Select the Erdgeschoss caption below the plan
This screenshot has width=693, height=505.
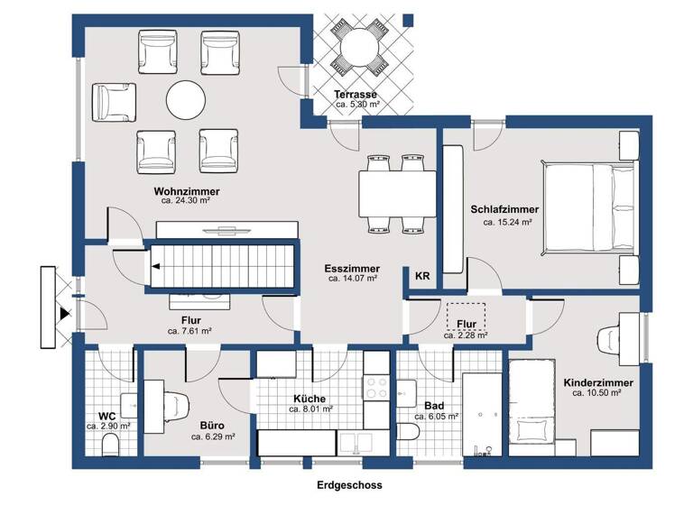tap(349, 485)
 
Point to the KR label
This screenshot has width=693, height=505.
tap(421, 276)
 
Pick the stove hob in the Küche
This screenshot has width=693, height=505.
tap(374, 387)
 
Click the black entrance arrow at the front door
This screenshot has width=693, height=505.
tap(63, 313)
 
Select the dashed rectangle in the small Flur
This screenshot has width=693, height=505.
tap(466, 316)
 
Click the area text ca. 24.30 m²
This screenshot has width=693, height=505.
tap(186, 202)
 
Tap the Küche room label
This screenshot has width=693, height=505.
tap(309, 398)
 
